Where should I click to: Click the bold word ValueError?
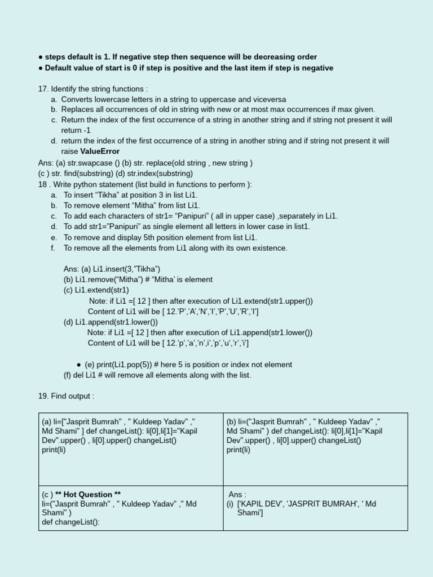tap(100, 152)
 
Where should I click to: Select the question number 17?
tap(43, 89)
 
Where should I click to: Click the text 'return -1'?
tap(76, 130)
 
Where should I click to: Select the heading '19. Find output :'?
tap(66, 396)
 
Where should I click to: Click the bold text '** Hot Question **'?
tap(88, 495)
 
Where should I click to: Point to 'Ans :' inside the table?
tap(237, 495)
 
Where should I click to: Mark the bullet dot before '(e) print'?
tap(78, 365)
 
